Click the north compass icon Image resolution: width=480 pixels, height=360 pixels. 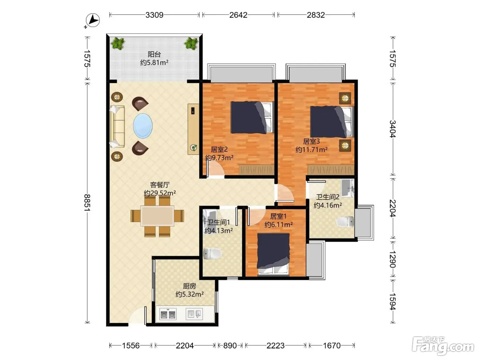[93, 20]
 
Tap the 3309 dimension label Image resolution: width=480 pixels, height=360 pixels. [154, 15]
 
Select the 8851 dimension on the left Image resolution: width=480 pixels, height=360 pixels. [87, 202]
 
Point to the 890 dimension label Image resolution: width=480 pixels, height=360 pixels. [230, 346]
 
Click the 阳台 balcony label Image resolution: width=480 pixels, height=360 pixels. [154, 54]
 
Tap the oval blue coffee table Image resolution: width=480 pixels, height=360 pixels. [143, 126]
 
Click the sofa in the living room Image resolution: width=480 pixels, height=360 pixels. [118, 126]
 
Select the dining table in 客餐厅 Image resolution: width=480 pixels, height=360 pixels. [157, 216]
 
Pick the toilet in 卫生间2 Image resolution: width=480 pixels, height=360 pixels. [345, 221]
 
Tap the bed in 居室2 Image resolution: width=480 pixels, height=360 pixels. [252, 117]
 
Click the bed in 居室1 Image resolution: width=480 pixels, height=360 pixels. [273, 254]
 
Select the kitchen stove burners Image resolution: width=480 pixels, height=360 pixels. [168, 314]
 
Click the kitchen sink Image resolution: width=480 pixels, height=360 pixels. [194, 314]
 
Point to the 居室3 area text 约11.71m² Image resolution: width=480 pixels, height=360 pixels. [311, 150]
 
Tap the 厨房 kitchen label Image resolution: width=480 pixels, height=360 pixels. [189, 286]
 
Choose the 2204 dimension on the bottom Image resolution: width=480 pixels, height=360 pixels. [185, 346]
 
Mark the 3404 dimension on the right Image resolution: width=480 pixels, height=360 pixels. [393, 129]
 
